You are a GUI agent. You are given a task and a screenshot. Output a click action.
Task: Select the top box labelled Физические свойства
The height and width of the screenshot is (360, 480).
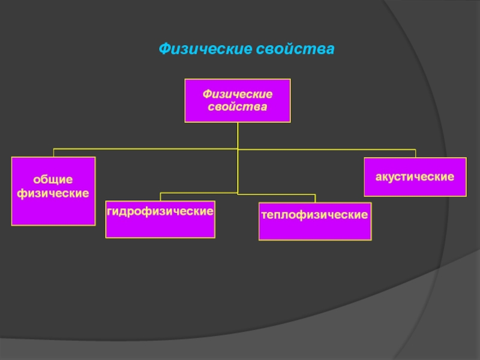tap(237, 101)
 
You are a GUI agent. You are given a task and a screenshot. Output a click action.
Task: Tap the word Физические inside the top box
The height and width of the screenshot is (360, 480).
tap(237, 94)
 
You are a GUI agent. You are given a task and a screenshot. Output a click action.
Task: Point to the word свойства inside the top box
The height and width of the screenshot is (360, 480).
tap(237, 107)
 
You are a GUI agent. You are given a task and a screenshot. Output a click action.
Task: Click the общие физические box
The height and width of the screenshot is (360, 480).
tap(53, 191)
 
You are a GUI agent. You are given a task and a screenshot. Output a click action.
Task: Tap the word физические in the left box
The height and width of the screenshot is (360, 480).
tap(53, 193)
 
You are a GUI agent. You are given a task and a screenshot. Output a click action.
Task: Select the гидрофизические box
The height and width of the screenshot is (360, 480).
tap(160, 218)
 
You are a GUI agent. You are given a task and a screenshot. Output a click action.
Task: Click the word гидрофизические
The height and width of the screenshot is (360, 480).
tap(160, 211)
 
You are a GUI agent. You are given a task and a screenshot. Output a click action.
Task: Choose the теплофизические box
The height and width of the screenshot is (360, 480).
tap(315, 221)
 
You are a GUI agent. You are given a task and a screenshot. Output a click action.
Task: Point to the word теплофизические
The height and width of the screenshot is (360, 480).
tap(315, 214)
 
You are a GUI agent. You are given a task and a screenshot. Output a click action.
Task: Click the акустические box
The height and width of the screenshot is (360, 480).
tap(415, 177)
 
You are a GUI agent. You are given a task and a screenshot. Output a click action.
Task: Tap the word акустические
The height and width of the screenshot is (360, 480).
tap(415, 177)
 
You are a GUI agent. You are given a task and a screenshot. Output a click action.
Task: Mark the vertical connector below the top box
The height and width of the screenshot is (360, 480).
tap(238, 135)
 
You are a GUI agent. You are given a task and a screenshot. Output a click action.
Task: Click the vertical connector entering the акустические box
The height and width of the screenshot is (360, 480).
tap(415, 153)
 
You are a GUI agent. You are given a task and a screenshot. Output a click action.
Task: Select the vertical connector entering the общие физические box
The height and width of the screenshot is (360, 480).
tap(53, 152)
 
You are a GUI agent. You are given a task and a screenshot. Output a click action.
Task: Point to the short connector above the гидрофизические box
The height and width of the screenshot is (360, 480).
tap(160, 197)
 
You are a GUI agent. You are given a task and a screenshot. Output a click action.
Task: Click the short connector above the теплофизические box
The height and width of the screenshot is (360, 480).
tap(315, 199)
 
